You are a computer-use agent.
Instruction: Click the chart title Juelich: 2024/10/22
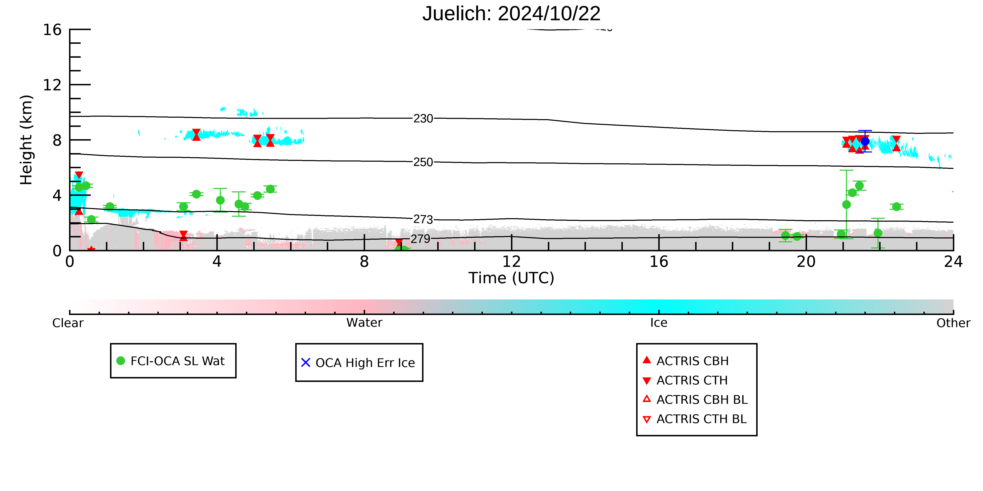click(x=511, y=14)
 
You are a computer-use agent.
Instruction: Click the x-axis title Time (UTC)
click(x=511, y=278)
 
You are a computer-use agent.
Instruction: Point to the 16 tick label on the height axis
click(x=52, y=30)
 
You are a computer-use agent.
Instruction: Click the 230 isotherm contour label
click(x=423, y=119)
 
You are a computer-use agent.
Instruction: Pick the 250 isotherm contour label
click(x=423, y=162)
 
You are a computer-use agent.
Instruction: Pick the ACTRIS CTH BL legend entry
click(x=695, y=419)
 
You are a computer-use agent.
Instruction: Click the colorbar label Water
click(x=364, y=323)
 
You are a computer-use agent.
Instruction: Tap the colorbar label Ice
click(x=659, y=323)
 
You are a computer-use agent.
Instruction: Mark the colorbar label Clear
click(x=68, y=323)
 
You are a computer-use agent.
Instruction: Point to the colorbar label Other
click(x=953, y=323)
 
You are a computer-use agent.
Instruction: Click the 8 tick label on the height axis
click(x=57, y=140)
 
